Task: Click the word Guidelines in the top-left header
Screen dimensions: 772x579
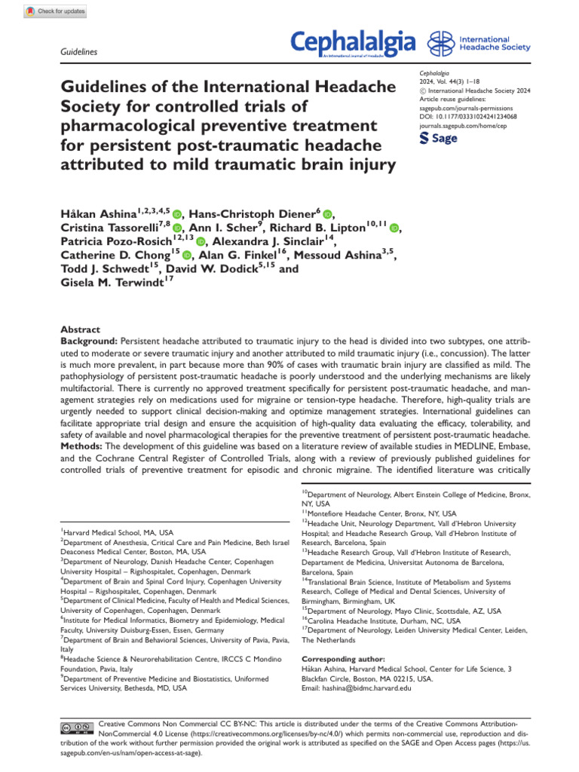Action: (x=78, y=52)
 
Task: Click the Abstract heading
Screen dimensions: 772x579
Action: (x=80, y=329)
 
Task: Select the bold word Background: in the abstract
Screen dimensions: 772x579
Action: (x=87, y=341)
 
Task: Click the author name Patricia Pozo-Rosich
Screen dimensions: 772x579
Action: (x=106, y=241)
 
